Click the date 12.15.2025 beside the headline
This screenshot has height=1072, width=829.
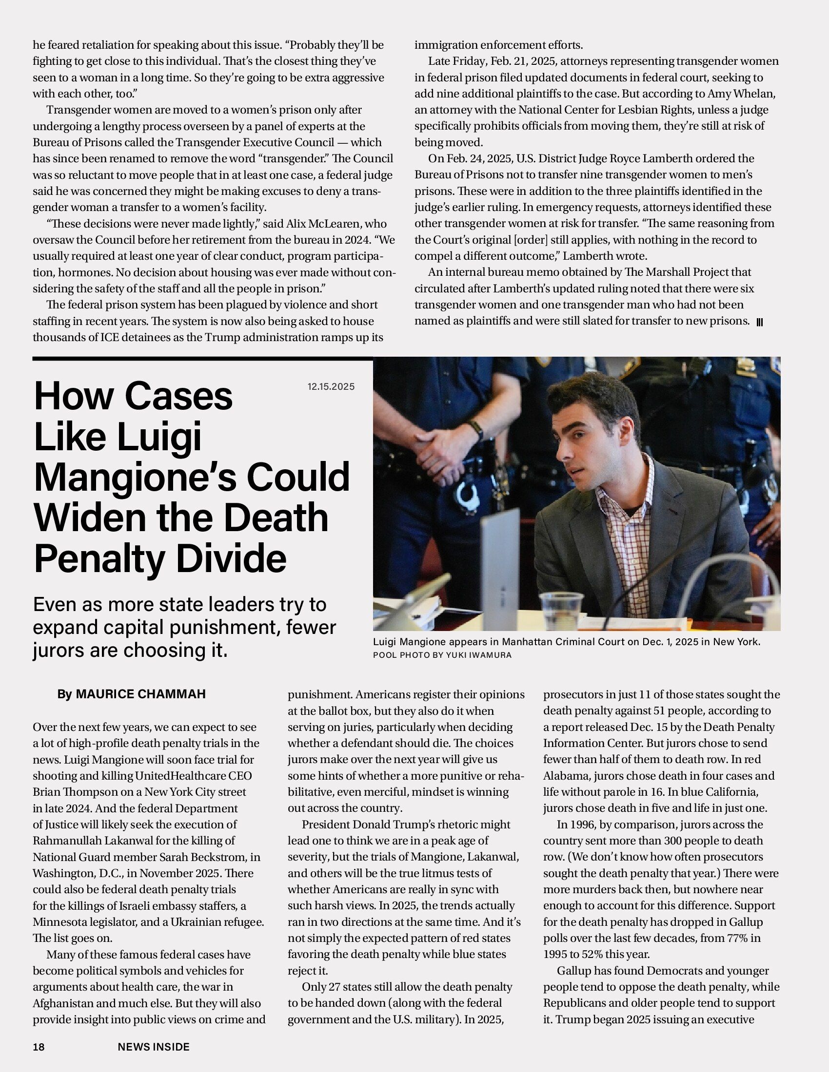point(331,387)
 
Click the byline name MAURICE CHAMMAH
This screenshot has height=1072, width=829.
point(140,694)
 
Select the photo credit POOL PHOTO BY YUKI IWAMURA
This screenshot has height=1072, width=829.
point(442,655)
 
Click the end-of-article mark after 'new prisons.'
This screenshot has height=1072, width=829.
point(759,323)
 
